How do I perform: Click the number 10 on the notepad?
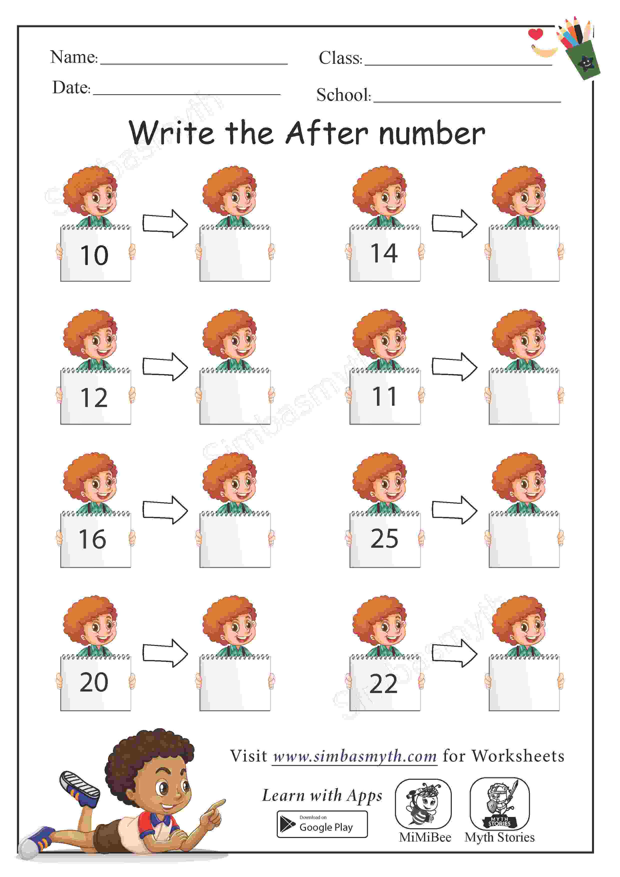[x=94, y=255]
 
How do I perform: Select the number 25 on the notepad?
[x=384, y=539]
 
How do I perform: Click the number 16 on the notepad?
[x=92, y=539]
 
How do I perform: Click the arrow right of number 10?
[x=165, y=223]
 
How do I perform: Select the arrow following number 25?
[x=454, y=510]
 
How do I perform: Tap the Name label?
[x=74, y=57]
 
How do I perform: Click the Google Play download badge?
[x=322, y=824]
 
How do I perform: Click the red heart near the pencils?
[x=535, y=34]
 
